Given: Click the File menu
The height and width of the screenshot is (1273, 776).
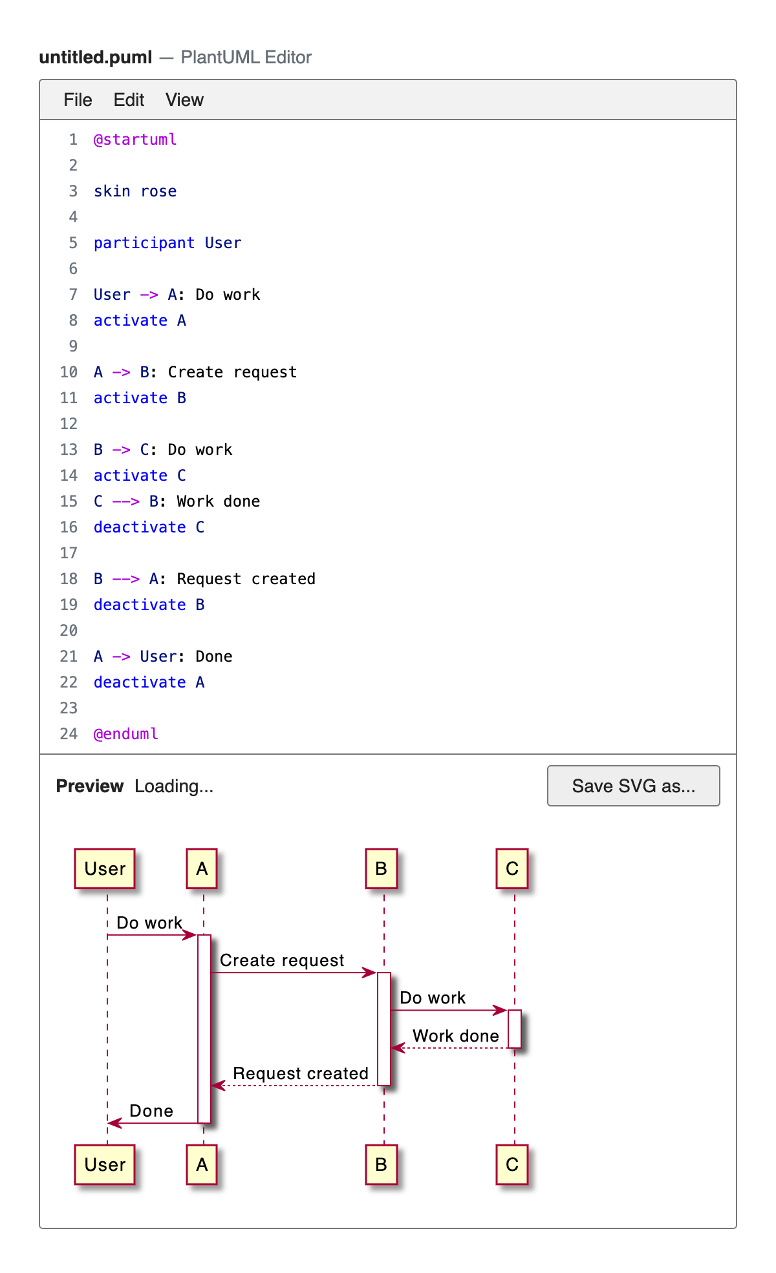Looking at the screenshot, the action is click(x=78, y=100).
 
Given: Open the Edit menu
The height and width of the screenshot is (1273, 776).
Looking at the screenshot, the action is click(x=129, y=100).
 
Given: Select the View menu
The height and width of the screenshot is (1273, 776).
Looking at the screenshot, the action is click(x=184, y=100).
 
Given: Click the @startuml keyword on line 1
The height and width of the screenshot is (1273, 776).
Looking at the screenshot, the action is click(x=135, y=140).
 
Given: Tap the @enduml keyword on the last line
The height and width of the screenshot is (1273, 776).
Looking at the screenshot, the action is click(x=126, y=734).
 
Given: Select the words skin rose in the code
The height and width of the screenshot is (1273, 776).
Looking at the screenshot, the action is click(x=135, y=191).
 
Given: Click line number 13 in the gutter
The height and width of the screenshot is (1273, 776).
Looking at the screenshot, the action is click(x=69, y=450).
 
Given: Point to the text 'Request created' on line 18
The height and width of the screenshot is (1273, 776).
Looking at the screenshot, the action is click(x=246, y=579).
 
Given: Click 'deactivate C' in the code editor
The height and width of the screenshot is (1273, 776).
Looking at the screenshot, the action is click(x=149, y=527).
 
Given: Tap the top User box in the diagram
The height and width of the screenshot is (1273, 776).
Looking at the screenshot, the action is click(x=105, y=868).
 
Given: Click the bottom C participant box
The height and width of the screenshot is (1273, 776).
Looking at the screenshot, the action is click(x=512, y=1164).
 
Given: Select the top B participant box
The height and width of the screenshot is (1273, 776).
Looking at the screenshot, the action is click(x=381, y=868).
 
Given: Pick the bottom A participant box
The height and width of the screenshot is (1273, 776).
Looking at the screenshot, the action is click(x=202, y=1164).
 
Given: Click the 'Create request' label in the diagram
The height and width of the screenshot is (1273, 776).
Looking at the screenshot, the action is click(x=282, y=960).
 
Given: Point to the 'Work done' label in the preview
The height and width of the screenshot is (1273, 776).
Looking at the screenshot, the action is click(x=456, y=1036).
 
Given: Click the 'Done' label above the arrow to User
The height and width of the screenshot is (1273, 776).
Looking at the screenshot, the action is click(x=151, y=1111).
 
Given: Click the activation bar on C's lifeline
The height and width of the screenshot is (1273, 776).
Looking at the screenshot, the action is click(x=515, y=1029).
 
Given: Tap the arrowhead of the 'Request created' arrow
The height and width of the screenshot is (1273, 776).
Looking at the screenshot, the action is click(x=218, y=1086).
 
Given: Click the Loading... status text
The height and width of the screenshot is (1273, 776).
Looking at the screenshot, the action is click(x=174, y=786).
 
